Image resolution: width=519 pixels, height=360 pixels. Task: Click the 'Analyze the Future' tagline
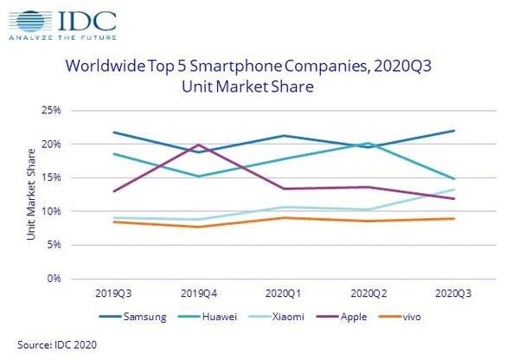[54, 38]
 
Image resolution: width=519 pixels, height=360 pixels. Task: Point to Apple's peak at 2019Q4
[199, 145]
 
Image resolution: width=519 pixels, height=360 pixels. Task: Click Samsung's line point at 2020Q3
[454, 131]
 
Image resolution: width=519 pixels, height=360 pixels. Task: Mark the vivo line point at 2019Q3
[114, 222]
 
